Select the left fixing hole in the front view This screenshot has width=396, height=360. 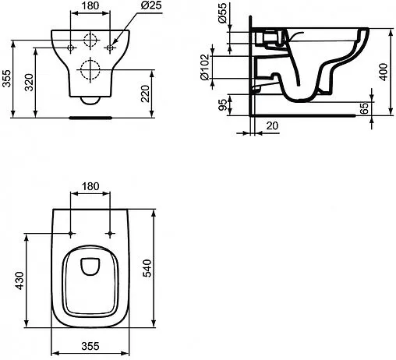pos(72,47)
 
